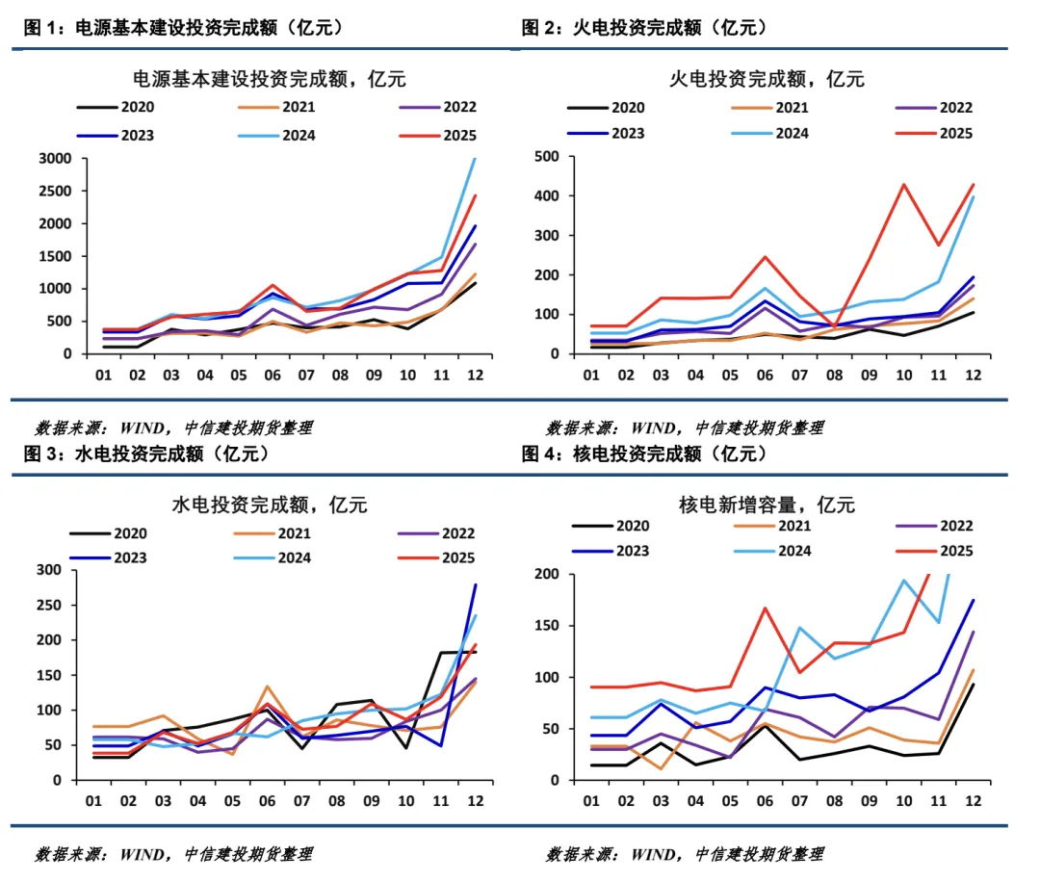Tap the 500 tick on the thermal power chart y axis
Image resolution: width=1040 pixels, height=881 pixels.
point(547,157)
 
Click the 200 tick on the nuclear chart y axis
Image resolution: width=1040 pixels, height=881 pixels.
point(547,574)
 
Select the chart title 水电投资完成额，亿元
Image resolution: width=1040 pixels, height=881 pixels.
point(269,504)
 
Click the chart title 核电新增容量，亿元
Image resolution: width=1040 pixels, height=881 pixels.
point(767,504)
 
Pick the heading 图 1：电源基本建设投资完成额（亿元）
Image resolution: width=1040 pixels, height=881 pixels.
point(183,28)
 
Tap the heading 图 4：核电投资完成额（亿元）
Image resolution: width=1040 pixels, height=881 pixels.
point(646,453)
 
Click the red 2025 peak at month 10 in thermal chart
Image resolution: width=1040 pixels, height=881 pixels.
point(903,184)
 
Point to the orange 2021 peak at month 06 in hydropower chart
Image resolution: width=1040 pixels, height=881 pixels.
point(267,687)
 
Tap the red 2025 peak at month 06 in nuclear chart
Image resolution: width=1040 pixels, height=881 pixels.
point(765,608)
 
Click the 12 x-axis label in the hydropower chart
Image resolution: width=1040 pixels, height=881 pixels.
point(475,800)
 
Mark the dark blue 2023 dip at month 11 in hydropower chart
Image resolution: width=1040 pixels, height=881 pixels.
point(441,745)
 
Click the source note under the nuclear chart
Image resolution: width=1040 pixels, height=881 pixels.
point(685,853)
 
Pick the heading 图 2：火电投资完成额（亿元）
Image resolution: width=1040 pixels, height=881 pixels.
point(645,28)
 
